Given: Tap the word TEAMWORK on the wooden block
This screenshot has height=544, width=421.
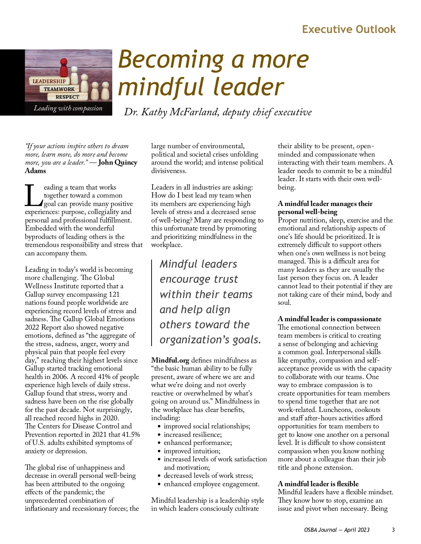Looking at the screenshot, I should (x=59, y=89).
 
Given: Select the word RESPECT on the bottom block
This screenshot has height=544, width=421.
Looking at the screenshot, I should (x=67, y=97).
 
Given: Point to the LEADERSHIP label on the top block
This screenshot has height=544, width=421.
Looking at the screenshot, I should (x=49, y=81).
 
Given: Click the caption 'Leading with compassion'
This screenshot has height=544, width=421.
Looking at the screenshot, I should (x=68, y=108).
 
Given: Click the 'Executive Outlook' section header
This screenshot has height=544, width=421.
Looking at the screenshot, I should (x=349, y=29).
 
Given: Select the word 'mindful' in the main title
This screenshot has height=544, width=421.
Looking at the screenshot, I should (x=163, y=87).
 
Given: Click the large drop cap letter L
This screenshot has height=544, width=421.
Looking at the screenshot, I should (x=33, y=195).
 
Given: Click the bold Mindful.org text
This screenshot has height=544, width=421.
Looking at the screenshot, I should (x=170, y=360).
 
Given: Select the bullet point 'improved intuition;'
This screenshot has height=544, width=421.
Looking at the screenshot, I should (x=192, y=451).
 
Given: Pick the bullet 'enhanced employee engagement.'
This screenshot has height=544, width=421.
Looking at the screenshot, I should (x=212, y=484).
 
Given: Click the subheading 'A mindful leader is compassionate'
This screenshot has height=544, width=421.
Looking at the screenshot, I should (x=329, y=319).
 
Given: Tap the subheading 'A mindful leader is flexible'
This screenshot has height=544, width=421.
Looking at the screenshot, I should (x=318, y=484).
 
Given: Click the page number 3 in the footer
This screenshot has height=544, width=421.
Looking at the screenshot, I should (x=393, y=530).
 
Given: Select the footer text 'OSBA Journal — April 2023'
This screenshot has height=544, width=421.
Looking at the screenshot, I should (x=337, y=530).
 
